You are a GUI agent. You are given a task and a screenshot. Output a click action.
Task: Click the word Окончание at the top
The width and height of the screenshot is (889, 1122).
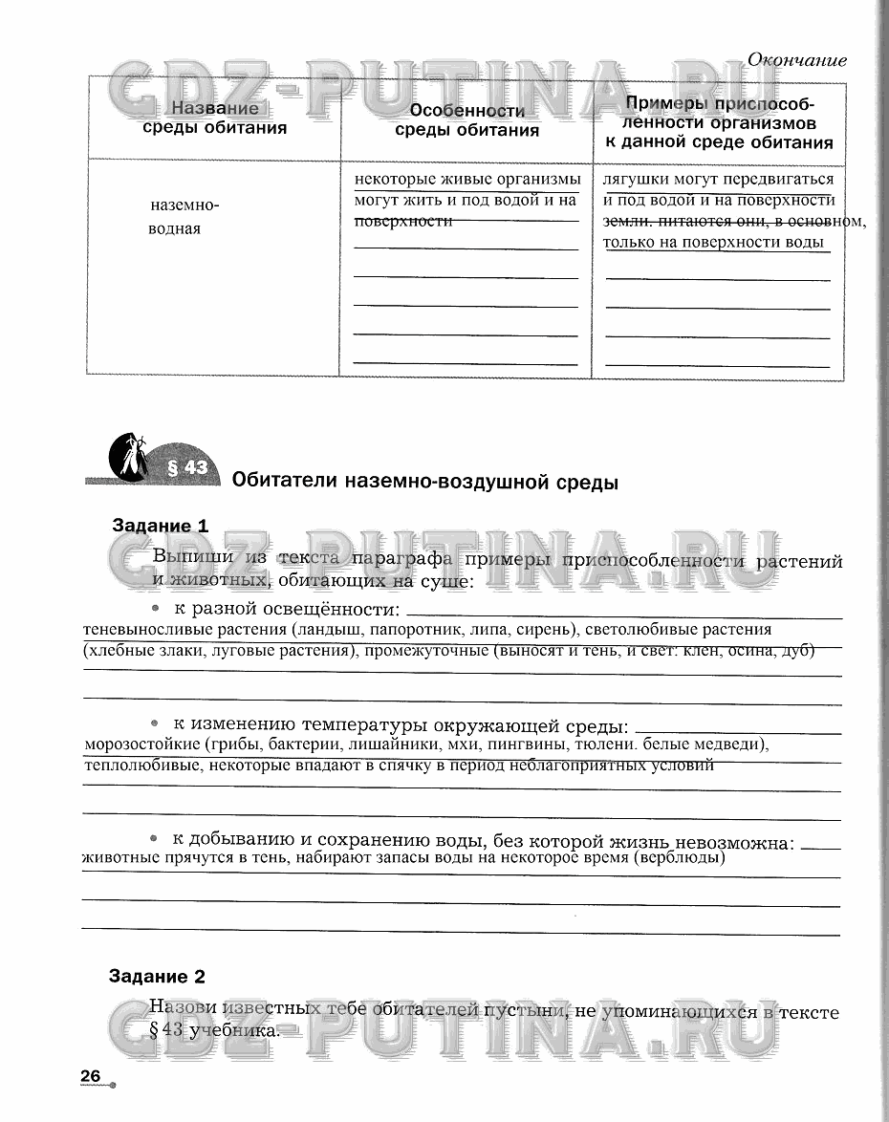796,60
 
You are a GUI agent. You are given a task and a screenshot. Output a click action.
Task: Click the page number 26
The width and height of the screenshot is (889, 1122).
91,1076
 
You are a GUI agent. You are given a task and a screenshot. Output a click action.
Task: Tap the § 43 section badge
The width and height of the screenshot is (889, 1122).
186,467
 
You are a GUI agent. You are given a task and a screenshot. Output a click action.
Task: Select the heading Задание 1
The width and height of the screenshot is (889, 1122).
160,526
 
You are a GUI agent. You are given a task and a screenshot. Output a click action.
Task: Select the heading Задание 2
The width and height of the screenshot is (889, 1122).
157,977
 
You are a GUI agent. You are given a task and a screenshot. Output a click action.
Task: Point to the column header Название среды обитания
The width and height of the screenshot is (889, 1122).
215,119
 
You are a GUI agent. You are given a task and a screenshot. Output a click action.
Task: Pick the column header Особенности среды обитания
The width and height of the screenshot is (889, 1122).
466,121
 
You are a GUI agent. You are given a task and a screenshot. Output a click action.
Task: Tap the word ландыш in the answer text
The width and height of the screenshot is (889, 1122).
329,630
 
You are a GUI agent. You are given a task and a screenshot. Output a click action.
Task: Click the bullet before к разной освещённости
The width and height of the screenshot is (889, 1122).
153,609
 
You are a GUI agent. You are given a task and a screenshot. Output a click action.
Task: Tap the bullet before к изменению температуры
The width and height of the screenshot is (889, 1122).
153,723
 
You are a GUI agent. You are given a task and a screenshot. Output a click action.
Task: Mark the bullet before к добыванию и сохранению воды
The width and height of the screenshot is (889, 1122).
153,838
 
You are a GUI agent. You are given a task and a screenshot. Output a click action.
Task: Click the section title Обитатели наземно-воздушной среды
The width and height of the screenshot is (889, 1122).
425,482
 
